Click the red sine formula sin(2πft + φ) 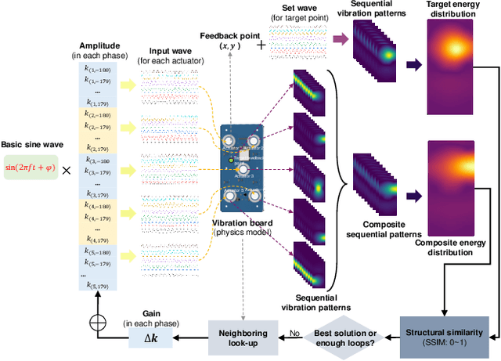point(31,168)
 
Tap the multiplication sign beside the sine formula point(68,169)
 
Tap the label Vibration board point(243,224)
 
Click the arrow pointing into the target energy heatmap point(412,63)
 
